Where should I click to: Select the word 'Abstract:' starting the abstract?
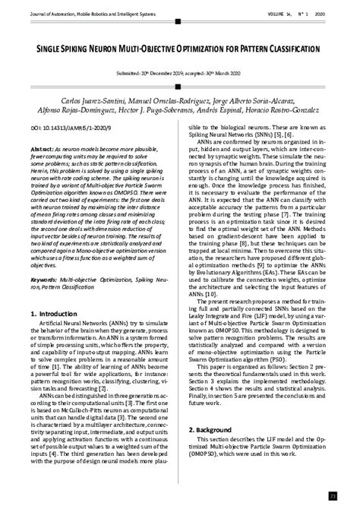43,152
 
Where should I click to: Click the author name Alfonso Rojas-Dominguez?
86,112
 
